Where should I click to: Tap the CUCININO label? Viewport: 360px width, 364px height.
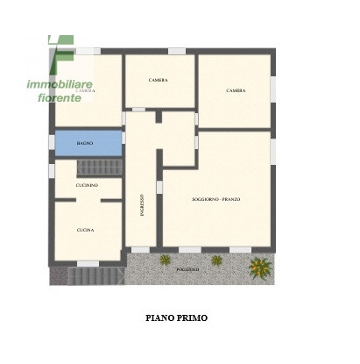(86, 186)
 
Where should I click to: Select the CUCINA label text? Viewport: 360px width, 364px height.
(85, 230)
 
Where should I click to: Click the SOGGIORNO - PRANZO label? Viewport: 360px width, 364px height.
(215, 199)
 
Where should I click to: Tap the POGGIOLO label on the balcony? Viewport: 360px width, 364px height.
(187, 268)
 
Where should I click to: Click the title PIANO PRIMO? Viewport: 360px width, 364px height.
(176, 318)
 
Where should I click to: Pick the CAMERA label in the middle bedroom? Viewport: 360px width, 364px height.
(158, 80)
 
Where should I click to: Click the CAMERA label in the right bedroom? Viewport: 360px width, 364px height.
(235, 90)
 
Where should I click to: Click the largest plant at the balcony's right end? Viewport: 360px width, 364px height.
(259, 266)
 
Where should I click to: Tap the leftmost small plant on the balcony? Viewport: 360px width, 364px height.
(164, 260)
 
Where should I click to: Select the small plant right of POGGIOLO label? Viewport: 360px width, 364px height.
(215, 261)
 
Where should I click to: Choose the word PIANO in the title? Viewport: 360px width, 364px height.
(159, 318)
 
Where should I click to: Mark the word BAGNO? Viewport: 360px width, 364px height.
(86, 142)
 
